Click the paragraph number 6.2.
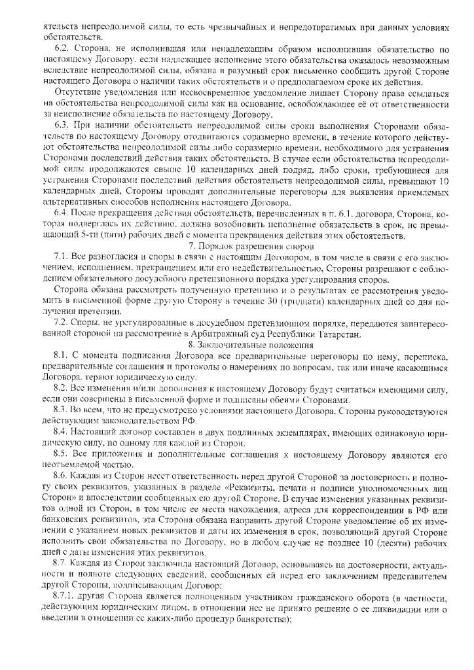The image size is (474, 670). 63,48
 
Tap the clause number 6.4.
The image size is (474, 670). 63,213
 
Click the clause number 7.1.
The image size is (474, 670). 63,255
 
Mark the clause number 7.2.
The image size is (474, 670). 63,323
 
